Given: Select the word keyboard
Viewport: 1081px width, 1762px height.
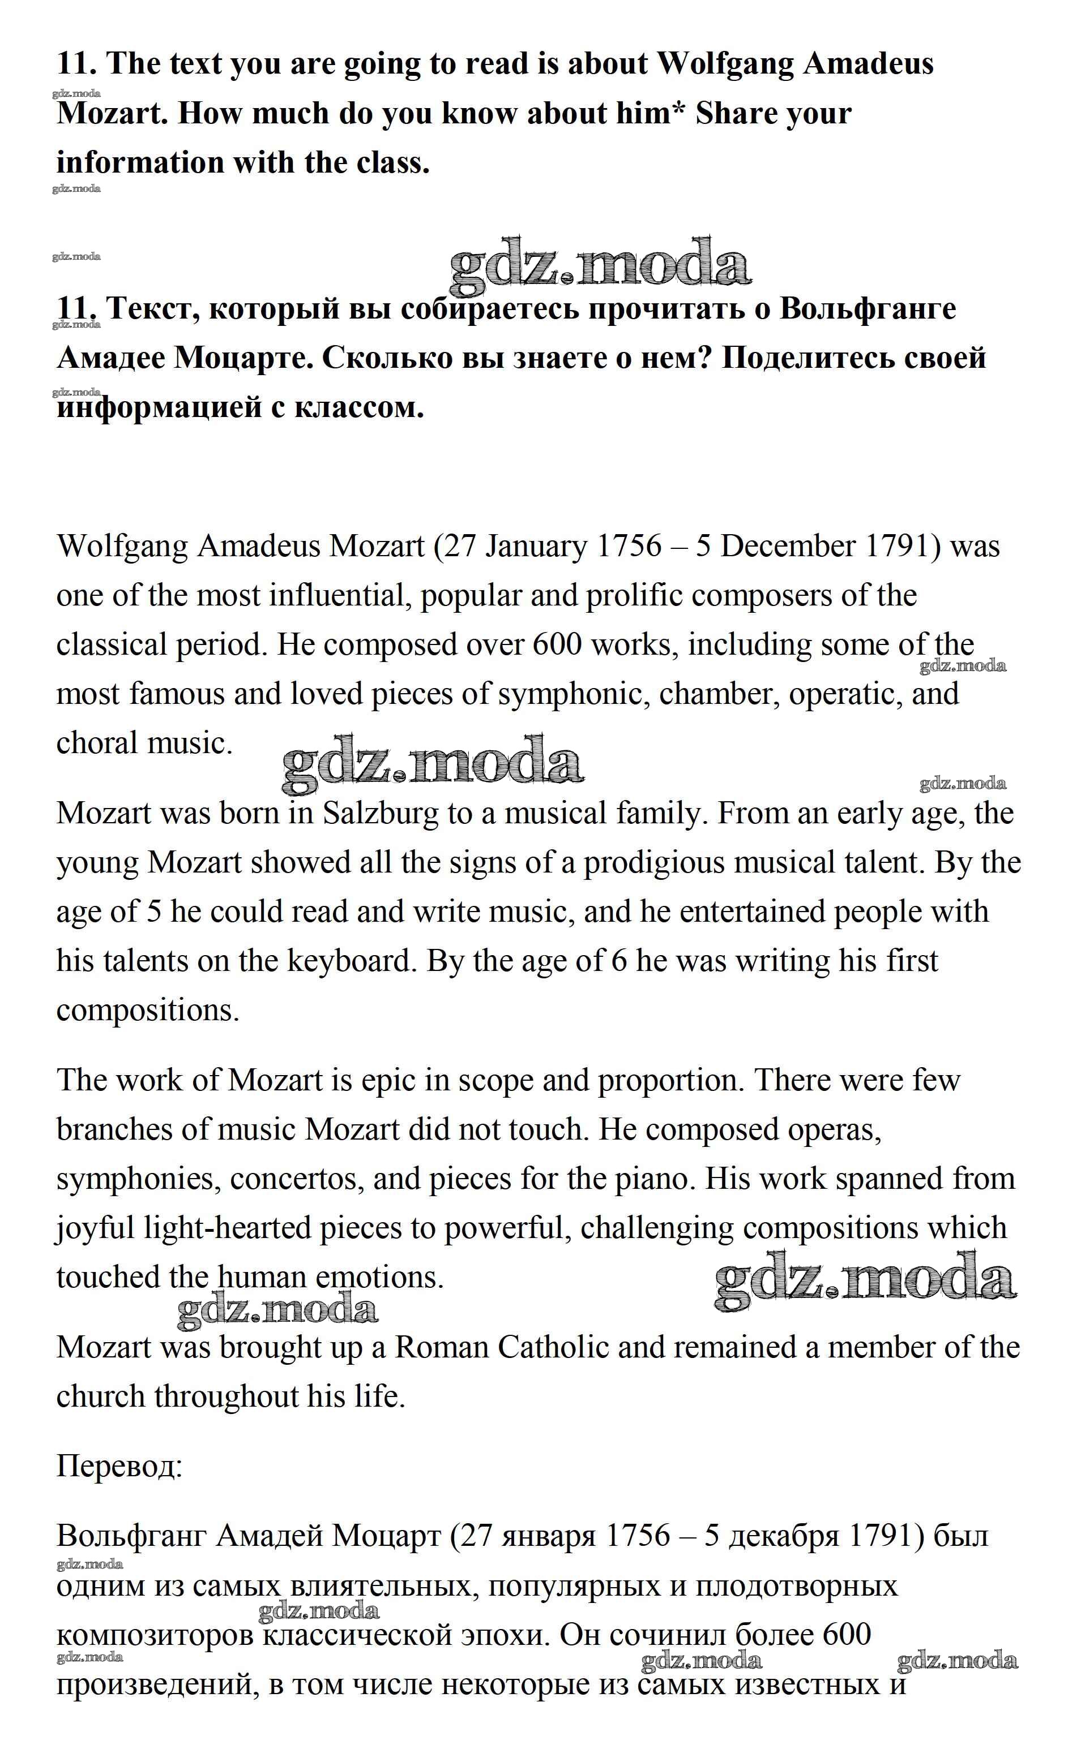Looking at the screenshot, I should click(351, 962).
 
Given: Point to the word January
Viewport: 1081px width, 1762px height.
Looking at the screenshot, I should click(537, 547).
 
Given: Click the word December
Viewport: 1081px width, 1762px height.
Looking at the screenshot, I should click(788, 547).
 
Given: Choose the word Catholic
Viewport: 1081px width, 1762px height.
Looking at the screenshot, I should click(553, 1348).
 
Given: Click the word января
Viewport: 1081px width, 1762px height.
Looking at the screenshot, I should click(549, 1536).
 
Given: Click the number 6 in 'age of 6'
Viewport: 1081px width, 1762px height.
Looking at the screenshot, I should click(619, 962).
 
